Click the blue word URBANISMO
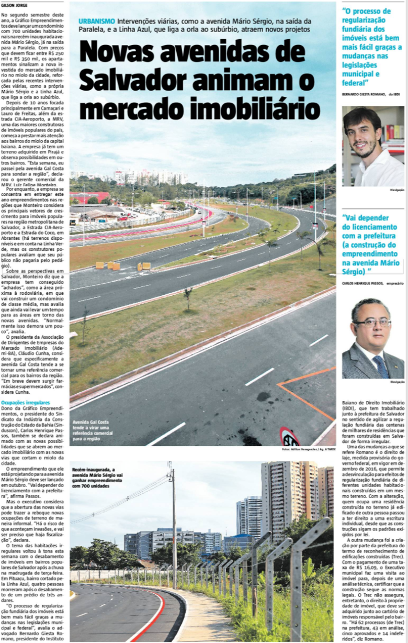(x=97, y=21)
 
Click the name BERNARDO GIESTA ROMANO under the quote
(x=364, y=95)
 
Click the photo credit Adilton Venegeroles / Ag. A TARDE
(x=309, y=450)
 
